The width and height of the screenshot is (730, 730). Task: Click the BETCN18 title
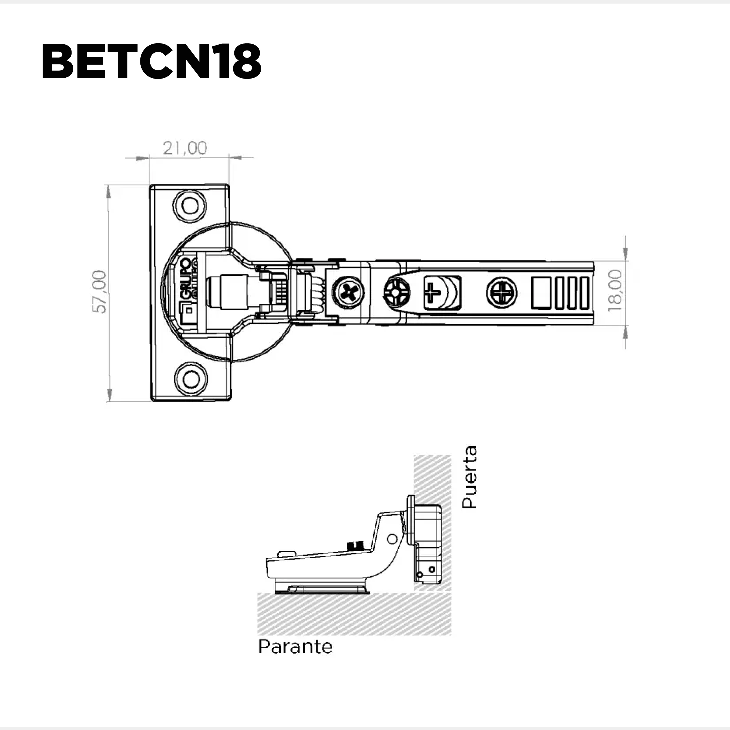pos(151,62)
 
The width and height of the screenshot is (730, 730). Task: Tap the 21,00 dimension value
pos(185,148)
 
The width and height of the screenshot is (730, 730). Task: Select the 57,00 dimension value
pos(99,291)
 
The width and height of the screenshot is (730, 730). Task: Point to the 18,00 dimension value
pos(615,290)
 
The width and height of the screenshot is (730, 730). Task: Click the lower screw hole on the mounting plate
pos(191,378)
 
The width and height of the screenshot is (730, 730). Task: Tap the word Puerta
pos(470,477)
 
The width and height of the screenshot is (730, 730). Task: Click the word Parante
pos(295,647)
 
